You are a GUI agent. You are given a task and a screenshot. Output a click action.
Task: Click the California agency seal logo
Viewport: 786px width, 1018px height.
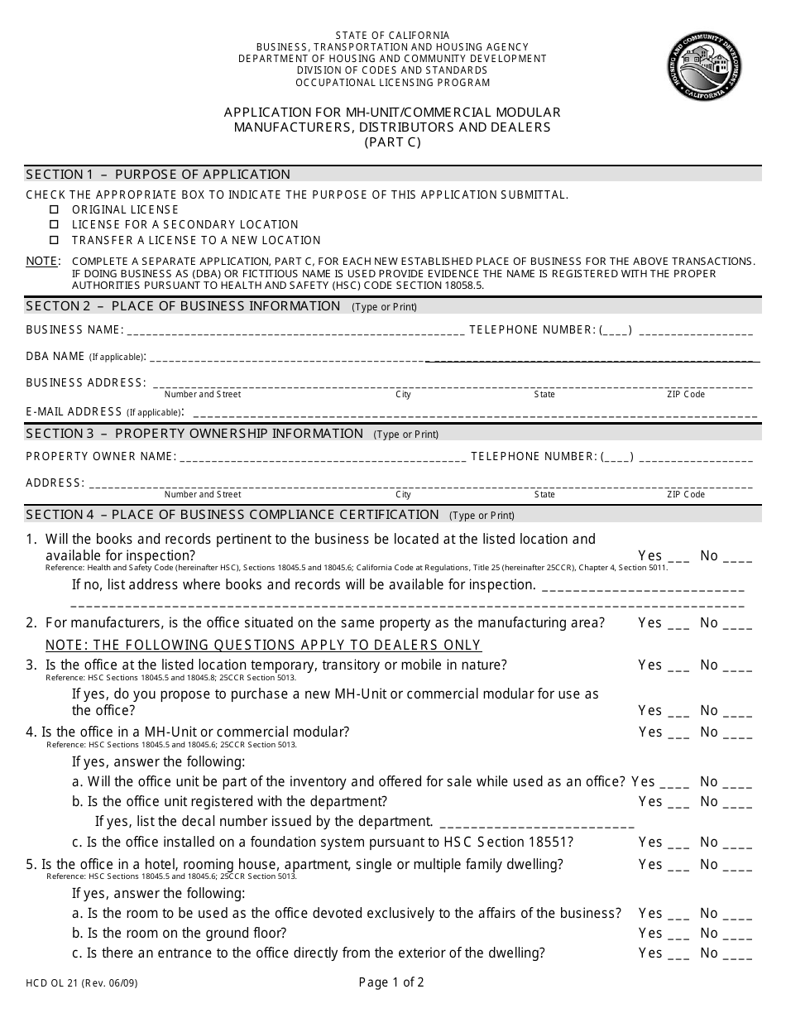pos(705,68)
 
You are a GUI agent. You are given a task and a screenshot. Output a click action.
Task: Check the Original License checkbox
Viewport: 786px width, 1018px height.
pos(55,209)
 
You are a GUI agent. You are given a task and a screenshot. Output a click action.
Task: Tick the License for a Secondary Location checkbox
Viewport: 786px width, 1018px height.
pos(55,224)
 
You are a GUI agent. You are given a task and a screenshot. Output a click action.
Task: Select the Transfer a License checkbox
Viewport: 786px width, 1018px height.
pos(55,240)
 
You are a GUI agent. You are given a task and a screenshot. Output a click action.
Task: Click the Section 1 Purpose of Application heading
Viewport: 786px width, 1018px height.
pos(159,175)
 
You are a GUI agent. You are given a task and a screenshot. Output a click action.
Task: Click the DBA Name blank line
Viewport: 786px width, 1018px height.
pos(451,358)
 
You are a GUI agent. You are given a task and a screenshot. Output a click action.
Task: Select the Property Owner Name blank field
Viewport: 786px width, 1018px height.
pos(323,458)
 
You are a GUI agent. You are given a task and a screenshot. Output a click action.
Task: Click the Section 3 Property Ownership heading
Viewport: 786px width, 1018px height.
pos(195,434)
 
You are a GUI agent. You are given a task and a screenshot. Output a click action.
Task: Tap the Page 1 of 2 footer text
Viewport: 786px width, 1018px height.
pos(391,983)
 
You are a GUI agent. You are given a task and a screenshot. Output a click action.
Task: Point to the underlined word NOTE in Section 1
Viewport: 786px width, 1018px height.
pos(42,261)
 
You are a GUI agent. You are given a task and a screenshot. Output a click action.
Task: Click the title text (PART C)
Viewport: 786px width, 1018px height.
pos(392,142)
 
